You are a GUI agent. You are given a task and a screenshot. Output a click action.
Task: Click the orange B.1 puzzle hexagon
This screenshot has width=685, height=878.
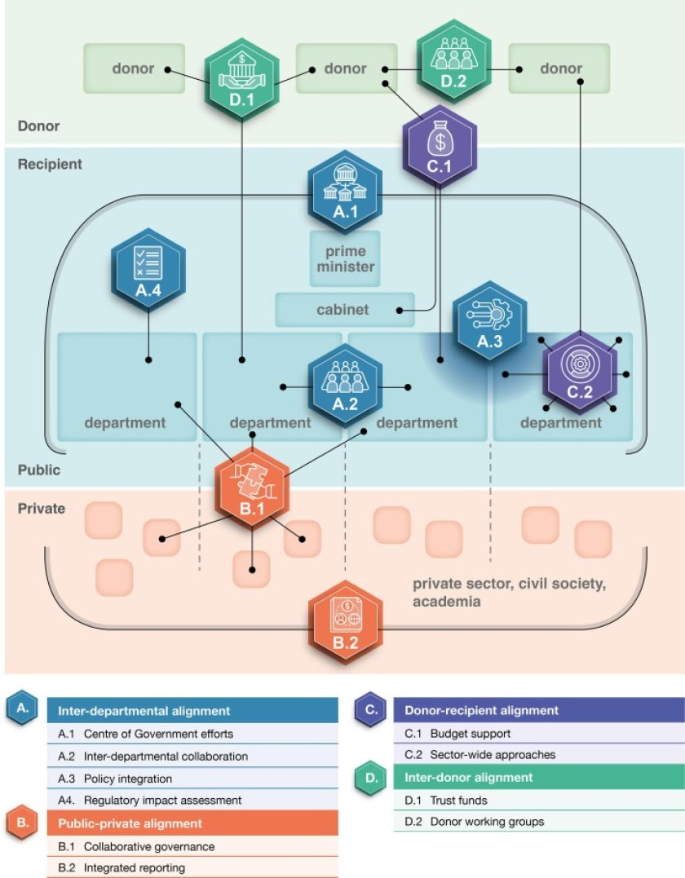tap(253, 488)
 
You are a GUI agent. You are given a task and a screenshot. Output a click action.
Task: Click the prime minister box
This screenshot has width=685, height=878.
tap(345, 258)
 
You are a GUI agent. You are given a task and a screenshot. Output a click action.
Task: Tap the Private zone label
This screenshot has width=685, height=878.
tap(42, 509)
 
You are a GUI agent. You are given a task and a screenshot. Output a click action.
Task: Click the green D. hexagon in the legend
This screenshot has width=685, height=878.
tap(371, 778)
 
